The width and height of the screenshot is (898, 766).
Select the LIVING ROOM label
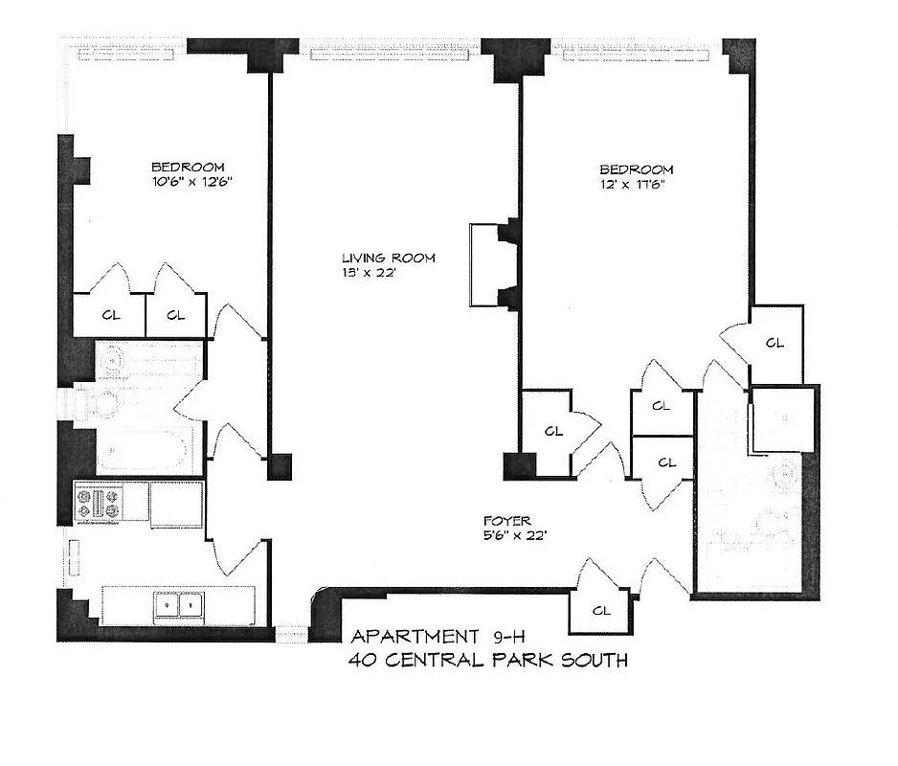coord(389,258)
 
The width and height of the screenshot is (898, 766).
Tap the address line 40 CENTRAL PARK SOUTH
coord(489,660)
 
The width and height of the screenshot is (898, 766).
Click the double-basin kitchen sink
coord(179,606)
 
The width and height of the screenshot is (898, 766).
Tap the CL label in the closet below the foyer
coord(601,610)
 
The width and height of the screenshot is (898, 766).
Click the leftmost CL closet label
coord(111,315)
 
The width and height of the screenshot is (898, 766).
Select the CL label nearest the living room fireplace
coord(552,431)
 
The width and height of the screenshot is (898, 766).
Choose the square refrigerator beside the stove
coord(176,503)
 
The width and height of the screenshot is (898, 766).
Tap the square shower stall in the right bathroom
coord(782,419)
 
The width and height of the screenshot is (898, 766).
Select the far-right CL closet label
coord(775,342)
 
